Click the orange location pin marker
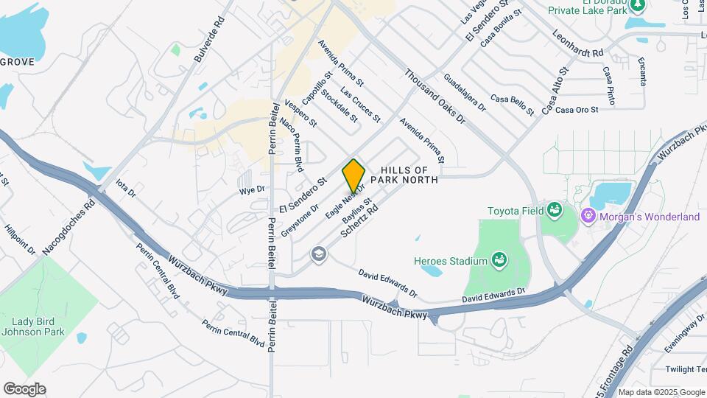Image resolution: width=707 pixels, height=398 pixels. tap(353, 175)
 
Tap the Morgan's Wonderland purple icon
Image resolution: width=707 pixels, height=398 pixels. tap(588, 217)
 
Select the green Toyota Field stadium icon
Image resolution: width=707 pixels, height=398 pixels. tap(554, 211)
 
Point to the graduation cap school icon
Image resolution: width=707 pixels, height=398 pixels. tap(318, 254)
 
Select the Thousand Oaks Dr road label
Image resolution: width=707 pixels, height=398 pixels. tap(435, 96)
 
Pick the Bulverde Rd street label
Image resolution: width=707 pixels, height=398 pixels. tap(209, 44)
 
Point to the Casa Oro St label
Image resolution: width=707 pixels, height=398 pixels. tap(576, 110)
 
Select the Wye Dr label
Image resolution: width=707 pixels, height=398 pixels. tap(247, 191)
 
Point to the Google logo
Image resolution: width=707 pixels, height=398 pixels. tap(24, 389)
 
